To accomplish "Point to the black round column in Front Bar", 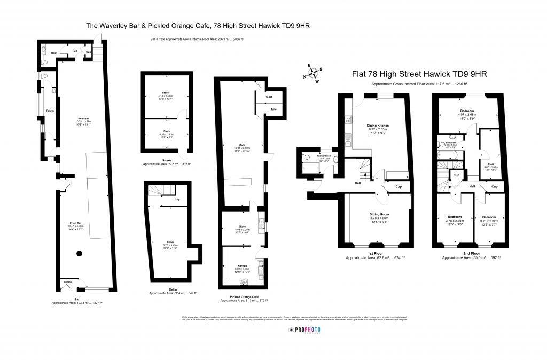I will [80, 253].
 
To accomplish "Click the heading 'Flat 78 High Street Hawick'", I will [419, 74].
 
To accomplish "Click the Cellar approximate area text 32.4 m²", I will [173, 293].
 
